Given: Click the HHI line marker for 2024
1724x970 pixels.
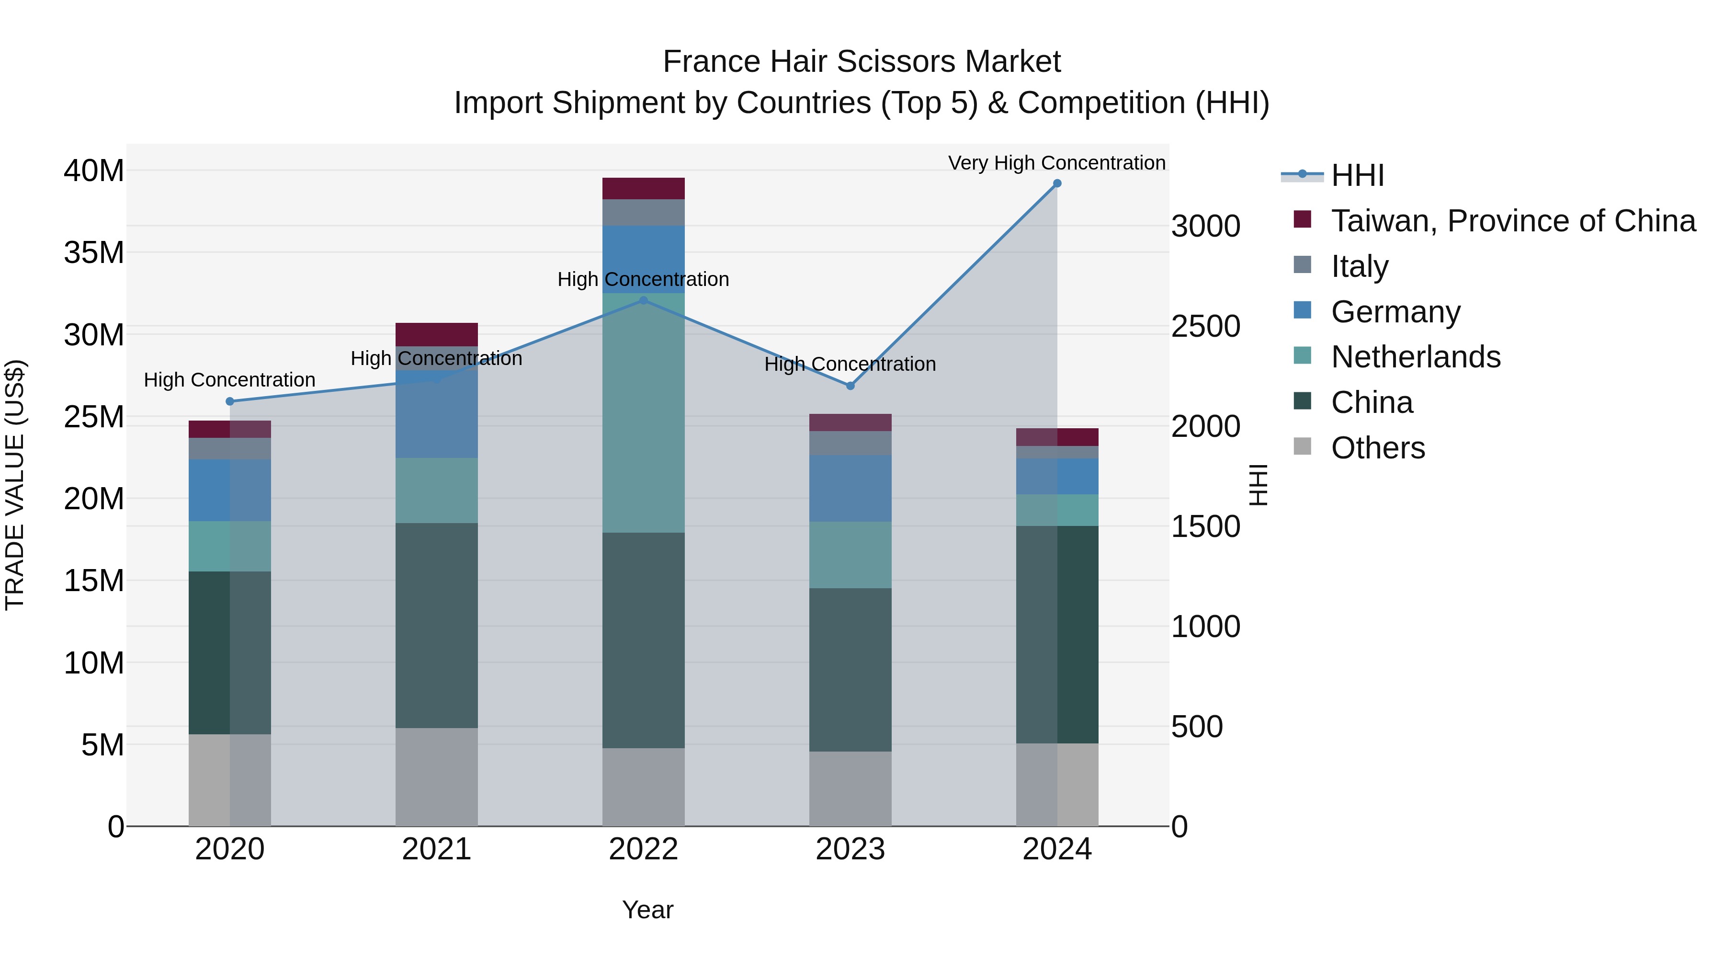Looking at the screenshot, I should click(x=1057, y=183).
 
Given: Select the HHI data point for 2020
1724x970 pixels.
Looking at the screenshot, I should click(x=229, y=402).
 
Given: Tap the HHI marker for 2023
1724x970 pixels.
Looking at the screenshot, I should click(x=850, y=386).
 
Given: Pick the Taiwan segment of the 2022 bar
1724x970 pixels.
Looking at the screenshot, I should click(x=643, y=189).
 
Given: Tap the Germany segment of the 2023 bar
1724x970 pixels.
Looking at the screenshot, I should click(x=850, y=489).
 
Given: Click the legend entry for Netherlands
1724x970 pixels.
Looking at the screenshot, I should click(x=1416, y=357).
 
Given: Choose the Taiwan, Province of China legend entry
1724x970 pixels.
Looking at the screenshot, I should click(x=1512, y=221).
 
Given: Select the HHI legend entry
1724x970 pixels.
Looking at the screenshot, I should click(x=1357, y=175).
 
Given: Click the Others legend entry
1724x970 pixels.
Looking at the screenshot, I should click(x=1377, y=448).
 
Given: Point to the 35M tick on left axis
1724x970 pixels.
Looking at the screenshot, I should click(x=94, y=253).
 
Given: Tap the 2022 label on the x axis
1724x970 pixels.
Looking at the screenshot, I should click(x=643, y=849).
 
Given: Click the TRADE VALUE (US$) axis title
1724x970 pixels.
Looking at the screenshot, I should click(x=15, y=485).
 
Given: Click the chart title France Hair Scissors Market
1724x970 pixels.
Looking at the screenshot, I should click(x=862, y=62).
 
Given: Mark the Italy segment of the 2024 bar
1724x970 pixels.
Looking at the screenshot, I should click(x=1057, y=453).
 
